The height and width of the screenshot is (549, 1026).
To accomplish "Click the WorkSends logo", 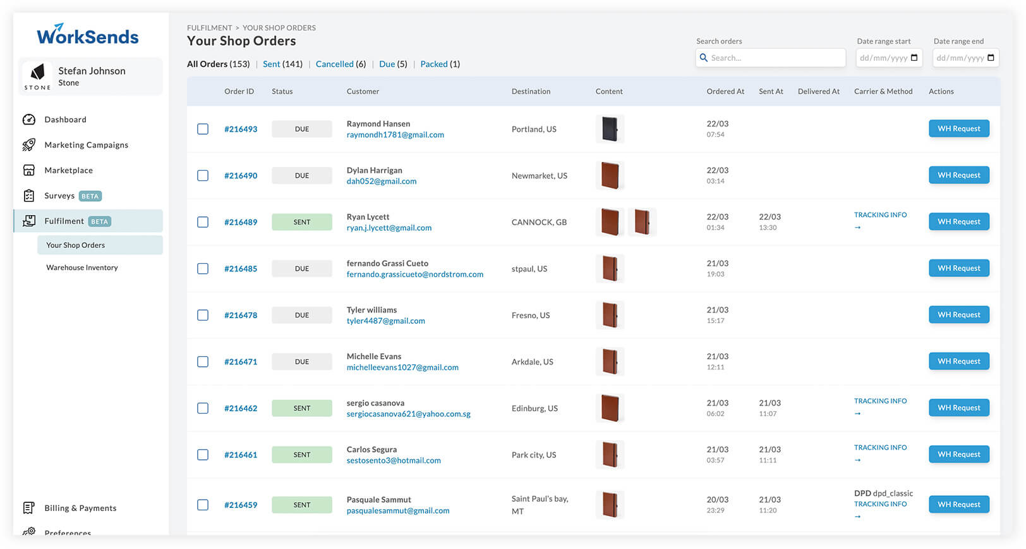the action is [x=87, y=34].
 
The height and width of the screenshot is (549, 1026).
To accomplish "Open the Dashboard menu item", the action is [x=65, y=120].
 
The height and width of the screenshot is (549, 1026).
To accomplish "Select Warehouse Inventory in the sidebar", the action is [x=82, y=268].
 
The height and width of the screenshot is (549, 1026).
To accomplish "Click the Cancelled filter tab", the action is [x=334, y=64].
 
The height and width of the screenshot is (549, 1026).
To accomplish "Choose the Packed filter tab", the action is [x=434, y=64].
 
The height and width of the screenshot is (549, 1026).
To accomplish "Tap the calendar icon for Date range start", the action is [x=914, y=58].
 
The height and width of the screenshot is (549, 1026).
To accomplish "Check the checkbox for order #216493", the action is [x=202, y=129].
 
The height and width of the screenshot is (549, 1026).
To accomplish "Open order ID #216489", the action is [x=241, y=222].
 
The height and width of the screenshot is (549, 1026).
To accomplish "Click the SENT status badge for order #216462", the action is [x=302, y=408].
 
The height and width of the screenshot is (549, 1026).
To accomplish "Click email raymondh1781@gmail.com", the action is [x=395, y=135].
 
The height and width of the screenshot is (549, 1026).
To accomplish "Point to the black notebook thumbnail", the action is [x=610, y=129].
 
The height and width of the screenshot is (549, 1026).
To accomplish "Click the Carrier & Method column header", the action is [x=883, y=91].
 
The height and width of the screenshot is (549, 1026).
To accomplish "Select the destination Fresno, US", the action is [x=531, y=315].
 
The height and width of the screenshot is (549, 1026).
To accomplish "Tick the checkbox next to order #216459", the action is [x=202, y=505].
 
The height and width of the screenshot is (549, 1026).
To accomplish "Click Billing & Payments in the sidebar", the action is [x=80, y=508].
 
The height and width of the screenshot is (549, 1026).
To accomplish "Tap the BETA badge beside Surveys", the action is [x=90, y=196].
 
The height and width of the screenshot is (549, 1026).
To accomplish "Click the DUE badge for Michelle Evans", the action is [x=302, y=361].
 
